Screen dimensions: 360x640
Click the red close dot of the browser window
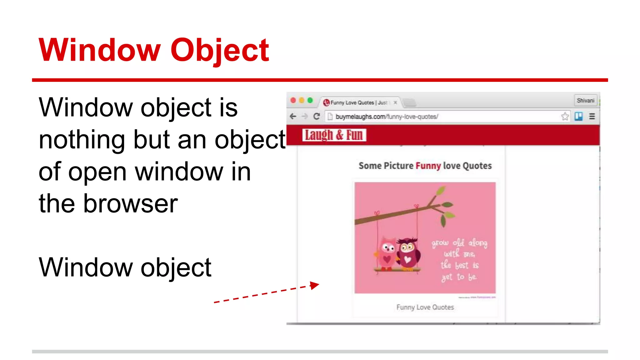pyautogui.click(x=293, y=100)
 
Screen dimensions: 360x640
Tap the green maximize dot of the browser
pyautogui.click(x=310, y=100)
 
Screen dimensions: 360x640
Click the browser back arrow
pyautogui.click(x=293, y=117)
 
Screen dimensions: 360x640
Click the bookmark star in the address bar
pyautogui.click(x=565, y=117)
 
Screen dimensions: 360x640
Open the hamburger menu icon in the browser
pyautogui.click(x=592, y=117)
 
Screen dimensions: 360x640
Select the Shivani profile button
pyautogui.click(x=585, y=101)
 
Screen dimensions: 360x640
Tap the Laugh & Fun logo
pyautogui.click(x=334, y=135)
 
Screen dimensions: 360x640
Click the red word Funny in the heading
pyautogui.click(x=428, y=166)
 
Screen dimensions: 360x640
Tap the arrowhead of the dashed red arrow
pyautogui.click(x=315, y=285)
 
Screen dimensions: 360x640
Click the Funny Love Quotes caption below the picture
pyautogui.click(x=425, y=307)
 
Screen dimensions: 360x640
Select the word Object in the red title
pyautogui.click(x=219, y=50)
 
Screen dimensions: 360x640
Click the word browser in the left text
pyautogui.click(x=130, y=204)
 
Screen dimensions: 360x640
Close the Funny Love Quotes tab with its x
pyautogui.click(x=395, y=102)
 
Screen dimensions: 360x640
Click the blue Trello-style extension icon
pyautogui.click(x=578, y=117)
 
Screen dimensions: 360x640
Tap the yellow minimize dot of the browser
pyautogui.click(x=302, y=100)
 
